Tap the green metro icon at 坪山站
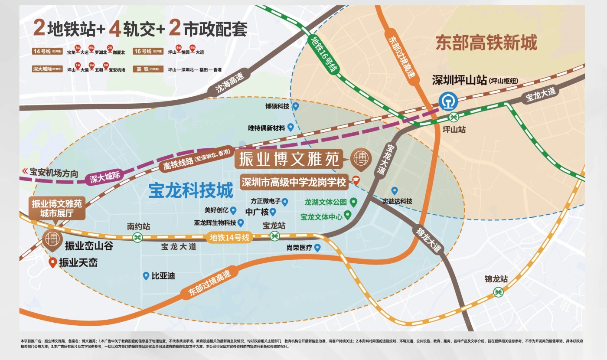tap(454, 116)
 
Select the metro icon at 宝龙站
tap(275, 236)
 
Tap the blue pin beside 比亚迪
tap(146, 275)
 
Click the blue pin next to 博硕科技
tap(296, 106)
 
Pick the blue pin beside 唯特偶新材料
tap(290, 127)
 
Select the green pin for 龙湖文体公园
tap(353, 202)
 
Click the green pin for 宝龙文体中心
tap(347, 216)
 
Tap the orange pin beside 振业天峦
tap(52, 262)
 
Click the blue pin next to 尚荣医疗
tap(317, 248)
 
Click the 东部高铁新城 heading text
tap(486, 43)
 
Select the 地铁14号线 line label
tap(230, 237)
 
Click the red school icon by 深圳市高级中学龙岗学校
tap(356, 181)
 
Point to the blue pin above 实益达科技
tap(395, 190)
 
